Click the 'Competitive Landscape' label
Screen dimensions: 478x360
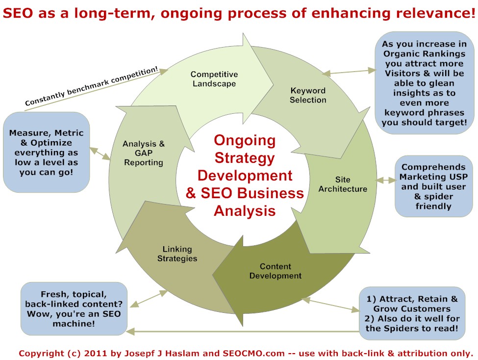[214, 78]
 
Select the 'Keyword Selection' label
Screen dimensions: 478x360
[308, 95]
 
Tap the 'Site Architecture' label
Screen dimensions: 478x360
[343, 184]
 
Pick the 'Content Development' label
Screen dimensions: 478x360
[275, 271]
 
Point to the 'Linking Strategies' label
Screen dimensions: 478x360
[177, 254]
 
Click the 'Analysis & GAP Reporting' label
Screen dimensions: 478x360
[144, 153]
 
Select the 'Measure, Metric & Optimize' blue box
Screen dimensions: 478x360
[47, 152]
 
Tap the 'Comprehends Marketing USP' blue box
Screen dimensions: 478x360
[433, 186]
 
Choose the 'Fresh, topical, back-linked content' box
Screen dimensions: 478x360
[74, 309]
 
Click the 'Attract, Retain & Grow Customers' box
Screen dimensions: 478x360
[412, 313]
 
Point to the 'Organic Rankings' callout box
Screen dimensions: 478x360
[425, 83]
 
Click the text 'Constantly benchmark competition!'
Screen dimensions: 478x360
[92, 86]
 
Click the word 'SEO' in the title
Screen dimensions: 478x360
[18, 13]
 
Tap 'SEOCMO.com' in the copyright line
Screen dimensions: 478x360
[253, 353]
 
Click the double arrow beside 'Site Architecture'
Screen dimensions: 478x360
[386, 180]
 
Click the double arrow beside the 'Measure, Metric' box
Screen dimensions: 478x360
[100, 154]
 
